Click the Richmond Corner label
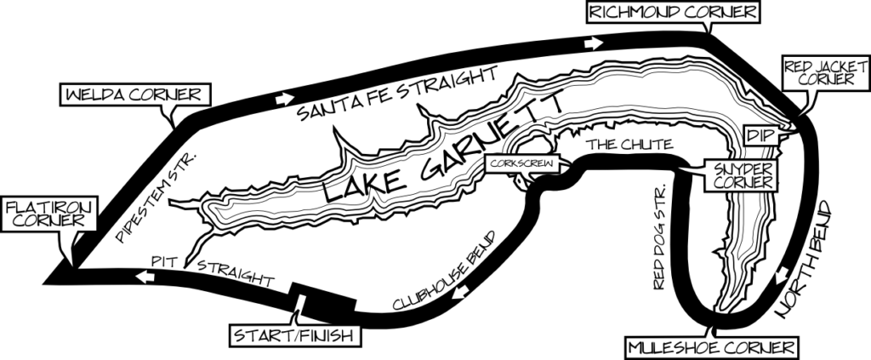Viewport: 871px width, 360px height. [x=673, y=13]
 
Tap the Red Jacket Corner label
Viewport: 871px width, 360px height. [x=819, y=73]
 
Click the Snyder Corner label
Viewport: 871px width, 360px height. [x=743, y=174]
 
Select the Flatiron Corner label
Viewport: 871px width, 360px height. [x=48, y=214]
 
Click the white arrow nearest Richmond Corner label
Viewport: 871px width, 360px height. [x=594, y=43]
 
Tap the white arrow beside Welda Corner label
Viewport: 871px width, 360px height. [x=284, y=100]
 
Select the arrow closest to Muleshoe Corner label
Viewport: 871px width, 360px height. [x=782, y=276]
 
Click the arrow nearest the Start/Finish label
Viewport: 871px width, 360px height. [x=460, y=291]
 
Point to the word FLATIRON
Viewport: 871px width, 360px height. [x=48, y=207]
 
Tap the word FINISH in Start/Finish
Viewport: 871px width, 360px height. [x=326, y=335]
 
